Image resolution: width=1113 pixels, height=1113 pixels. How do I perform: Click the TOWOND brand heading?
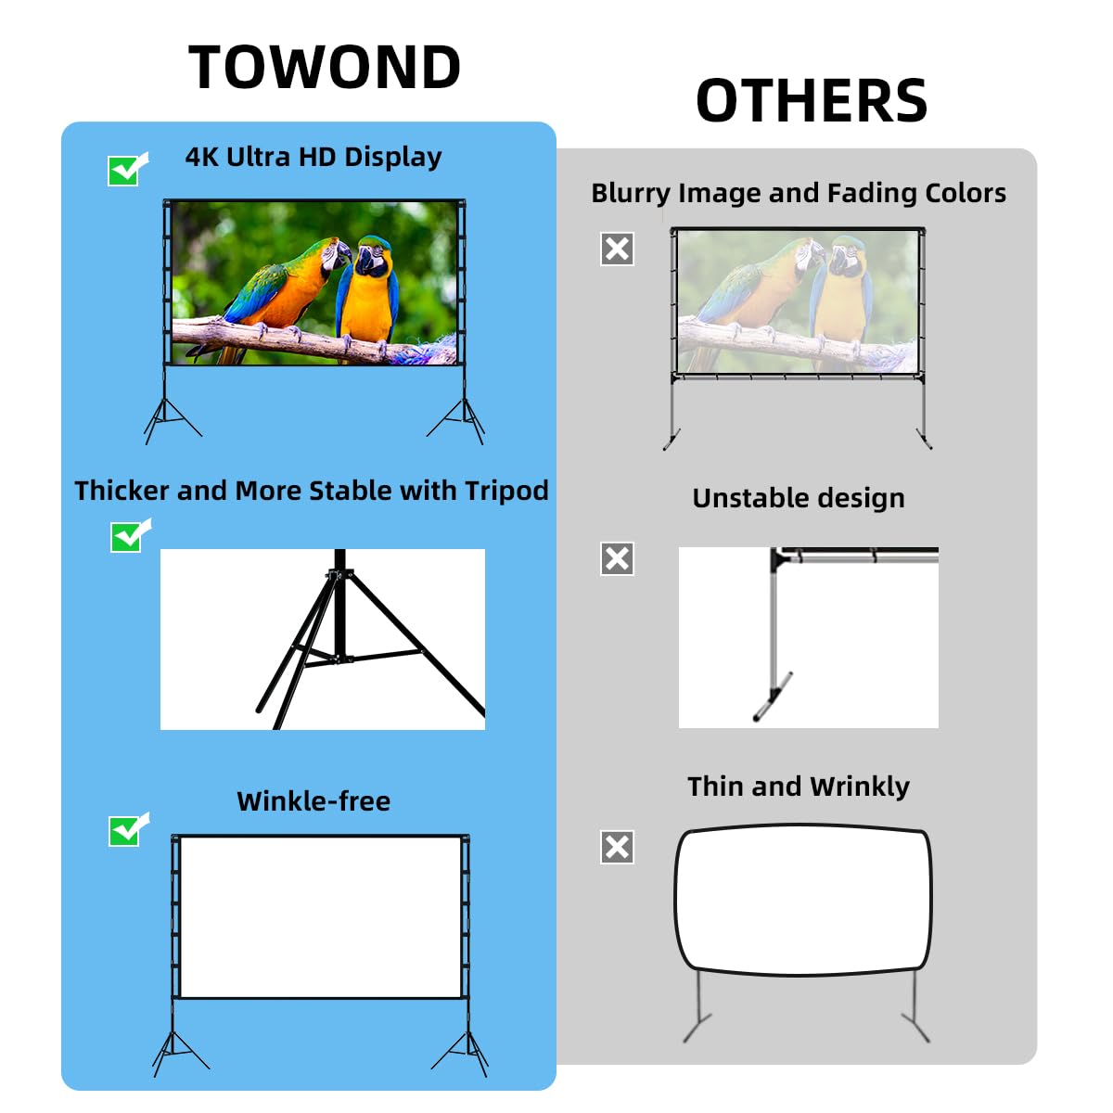click(325, 68)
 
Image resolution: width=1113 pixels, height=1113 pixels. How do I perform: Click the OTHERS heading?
click(812, 101)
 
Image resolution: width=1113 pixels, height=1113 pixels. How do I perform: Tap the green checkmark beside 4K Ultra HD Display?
click(126, 170)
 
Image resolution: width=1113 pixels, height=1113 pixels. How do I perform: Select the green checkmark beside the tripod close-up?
click(128, 536)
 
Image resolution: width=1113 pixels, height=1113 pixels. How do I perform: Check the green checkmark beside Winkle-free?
click(126, 830)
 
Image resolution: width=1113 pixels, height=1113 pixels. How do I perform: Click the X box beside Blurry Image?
click(617, 249)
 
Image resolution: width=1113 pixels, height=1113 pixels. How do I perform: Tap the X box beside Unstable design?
click(617, 558)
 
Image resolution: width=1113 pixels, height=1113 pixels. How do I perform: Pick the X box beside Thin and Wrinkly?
click(617, 847)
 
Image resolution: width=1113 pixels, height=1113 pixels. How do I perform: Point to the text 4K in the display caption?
click(200, 157)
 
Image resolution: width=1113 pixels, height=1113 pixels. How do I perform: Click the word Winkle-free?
click(313, 801)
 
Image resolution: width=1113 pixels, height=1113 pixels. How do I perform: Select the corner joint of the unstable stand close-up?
click(777, 556)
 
